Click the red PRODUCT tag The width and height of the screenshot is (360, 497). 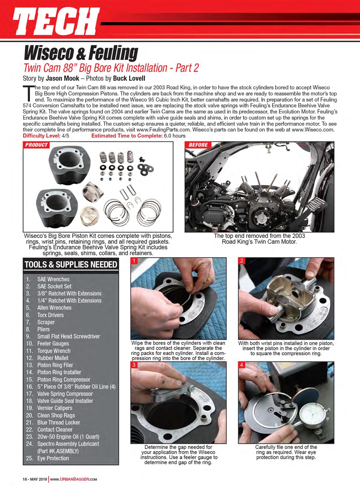37,145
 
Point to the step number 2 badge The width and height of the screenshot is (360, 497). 242,261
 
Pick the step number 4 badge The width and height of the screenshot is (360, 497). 242,365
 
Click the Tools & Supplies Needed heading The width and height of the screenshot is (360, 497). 71,265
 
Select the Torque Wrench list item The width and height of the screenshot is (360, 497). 54,351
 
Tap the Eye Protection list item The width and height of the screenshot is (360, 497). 53,458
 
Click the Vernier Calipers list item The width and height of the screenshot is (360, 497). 56,408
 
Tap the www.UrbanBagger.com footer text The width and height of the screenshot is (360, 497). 73,479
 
